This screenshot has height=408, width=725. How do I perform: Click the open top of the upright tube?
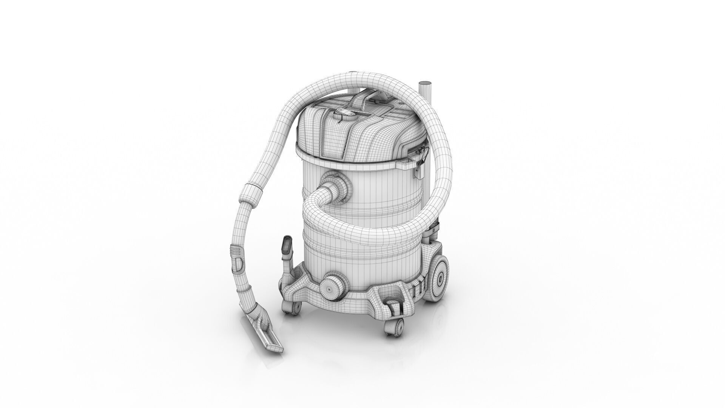(x=425, y=83)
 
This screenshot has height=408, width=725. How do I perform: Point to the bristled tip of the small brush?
(x=288, y=241)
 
